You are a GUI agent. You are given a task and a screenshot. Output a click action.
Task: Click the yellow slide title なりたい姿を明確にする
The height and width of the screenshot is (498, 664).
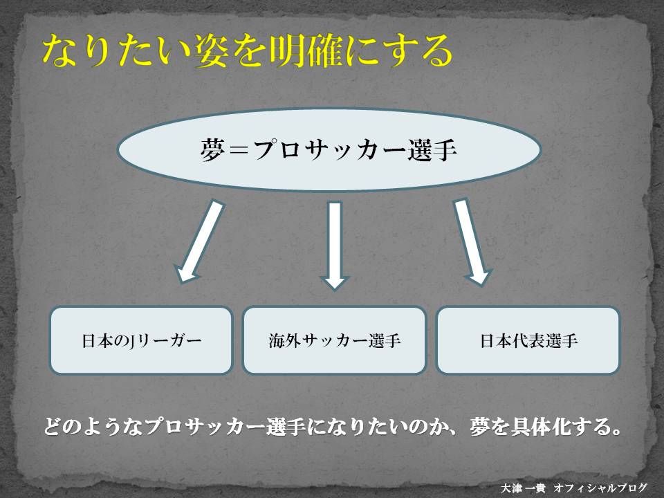(247, 51)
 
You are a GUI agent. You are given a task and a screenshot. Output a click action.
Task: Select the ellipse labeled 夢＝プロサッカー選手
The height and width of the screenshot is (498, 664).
(329, 149)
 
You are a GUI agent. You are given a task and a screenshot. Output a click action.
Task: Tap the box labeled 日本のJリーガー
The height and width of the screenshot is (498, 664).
(141, 340)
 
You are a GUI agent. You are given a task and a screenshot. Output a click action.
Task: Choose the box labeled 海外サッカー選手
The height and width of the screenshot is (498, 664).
(334, 340)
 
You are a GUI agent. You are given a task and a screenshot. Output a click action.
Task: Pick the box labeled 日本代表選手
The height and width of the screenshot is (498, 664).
(528, 340)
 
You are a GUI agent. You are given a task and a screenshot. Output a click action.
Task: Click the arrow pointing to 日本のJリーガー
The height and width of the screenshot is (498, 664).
(199, 241)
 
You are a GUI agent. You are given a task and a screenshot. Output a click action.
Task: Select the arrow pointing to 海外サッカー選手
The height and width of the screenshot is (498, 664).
(335, 246)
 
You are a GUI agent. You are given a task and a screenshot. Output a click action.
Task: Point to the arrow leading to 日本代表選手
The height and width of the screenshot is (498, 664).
(472, 242)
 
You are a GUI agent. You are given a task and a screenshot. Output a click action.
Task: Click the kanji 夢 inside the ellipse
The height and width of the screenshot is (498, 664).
(212, 150)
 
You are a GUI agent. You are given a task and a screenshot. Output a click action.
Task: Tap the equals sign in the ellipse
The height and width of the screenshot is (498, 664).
(239, 150)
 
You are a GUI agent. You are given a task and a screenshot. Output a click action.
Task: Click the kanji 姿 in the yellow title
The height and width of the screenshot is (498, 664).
(210, 51)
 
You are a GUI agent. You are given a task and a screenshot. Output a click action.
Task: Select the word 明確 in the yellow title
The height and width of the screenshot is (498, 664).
(306, 51)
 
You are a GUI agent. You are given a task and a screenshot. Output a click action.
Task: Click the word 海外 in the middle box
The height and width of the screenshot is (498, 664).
(284, 340)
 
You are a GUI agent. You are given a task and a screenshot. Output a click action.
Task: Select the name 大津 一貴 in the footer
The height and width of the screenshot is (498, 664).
(523, 488)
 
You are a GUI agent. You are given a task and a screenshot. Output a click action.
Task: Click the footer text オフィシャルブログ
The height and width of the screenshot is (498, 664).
(600, 488)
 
